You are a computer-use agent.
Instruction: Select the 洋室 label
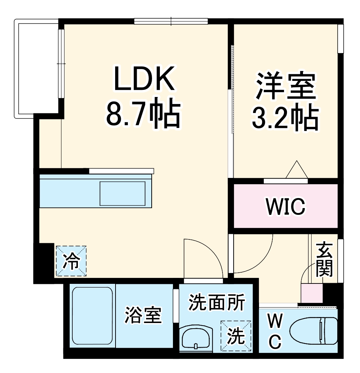(286, 87)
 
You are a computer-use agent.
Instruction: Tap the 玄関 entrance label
(324, 260)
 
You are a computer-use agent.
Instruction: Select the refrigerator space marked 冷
(71, 261)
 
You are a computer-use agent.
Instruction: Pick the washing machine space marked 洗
(236, 336)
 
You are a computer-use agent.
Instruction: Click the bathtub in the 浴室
(92, 316)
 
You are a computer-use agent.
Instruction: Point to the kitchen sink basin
(122, 193)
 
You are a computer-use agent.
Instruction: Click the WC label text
(275, 330)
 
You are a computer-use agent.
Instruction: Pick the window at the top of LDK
(171, 21)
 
